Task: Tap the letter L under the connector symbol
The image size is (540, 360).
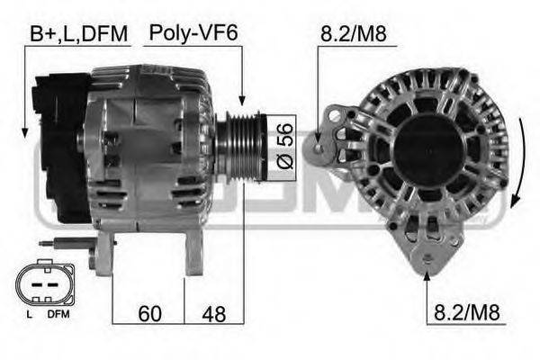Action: pos(29,314)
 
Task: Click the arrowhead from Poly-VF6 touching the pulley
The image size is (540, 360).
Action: pos(242,102)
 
